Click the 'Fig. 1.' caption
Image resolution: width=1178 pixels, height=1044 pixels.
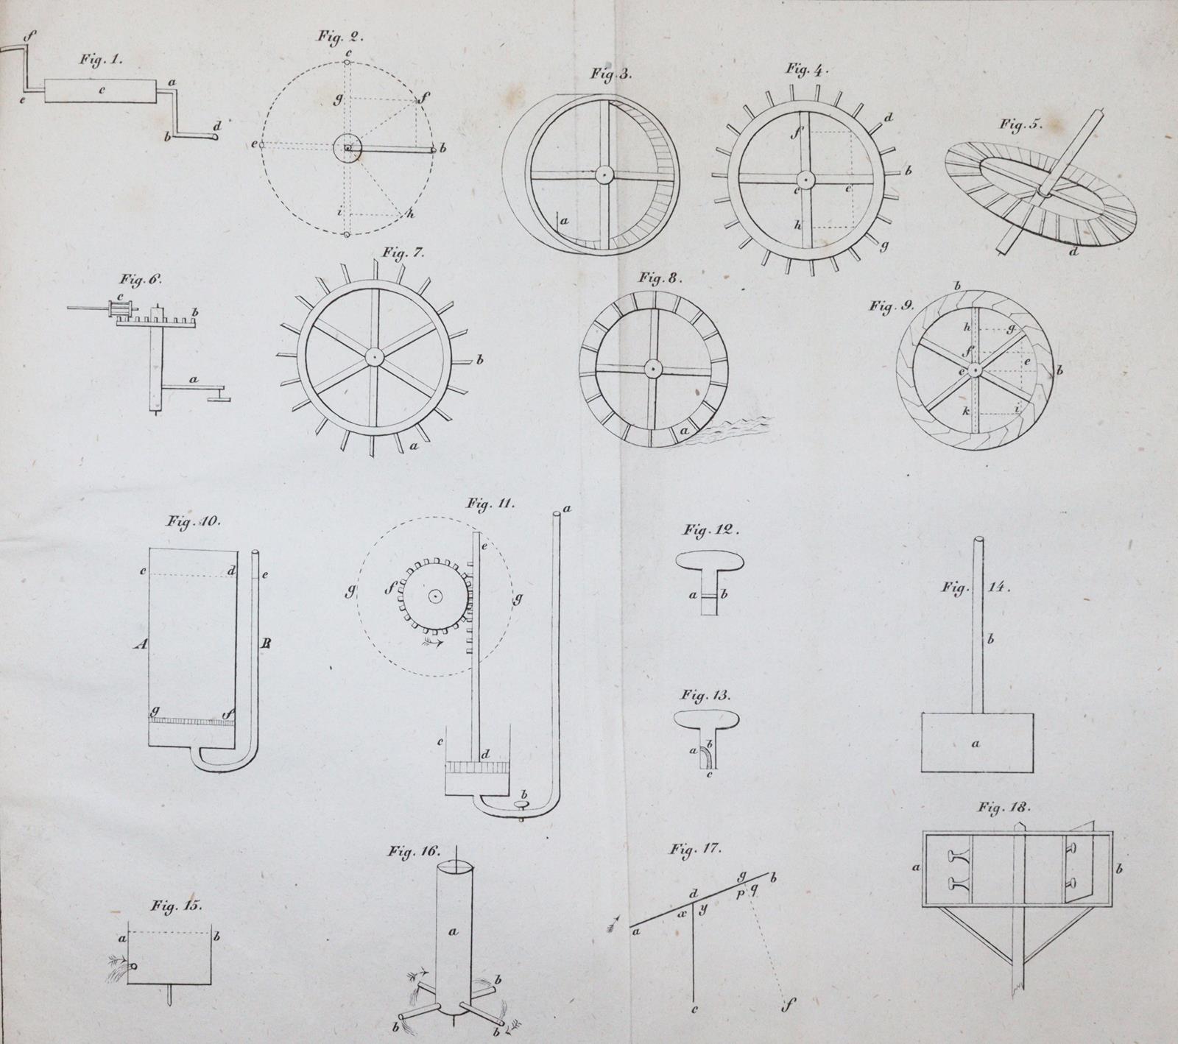tap(102, 61)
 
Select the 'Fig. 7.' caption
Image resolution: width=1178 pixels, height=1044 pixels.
tap(403, 254)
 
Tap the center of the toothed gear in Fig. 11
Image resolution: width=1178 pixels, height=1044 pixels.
tap(435, 595)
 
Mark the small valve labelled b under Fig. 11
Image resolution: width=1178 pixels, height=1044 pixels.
tap(523, 805)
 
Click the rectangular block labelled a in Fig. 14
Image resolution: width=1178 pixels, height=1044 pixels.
tap(976, 743)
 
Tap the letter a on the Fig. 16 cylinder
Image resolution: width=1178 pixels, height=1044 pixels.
tap(453, 931)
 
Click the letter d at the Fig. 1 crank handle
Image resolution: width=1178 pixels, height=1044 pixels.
tap(216, 126)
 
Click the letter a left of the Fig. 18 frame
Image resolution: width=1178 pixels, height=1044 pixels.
tap(916, 868)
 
